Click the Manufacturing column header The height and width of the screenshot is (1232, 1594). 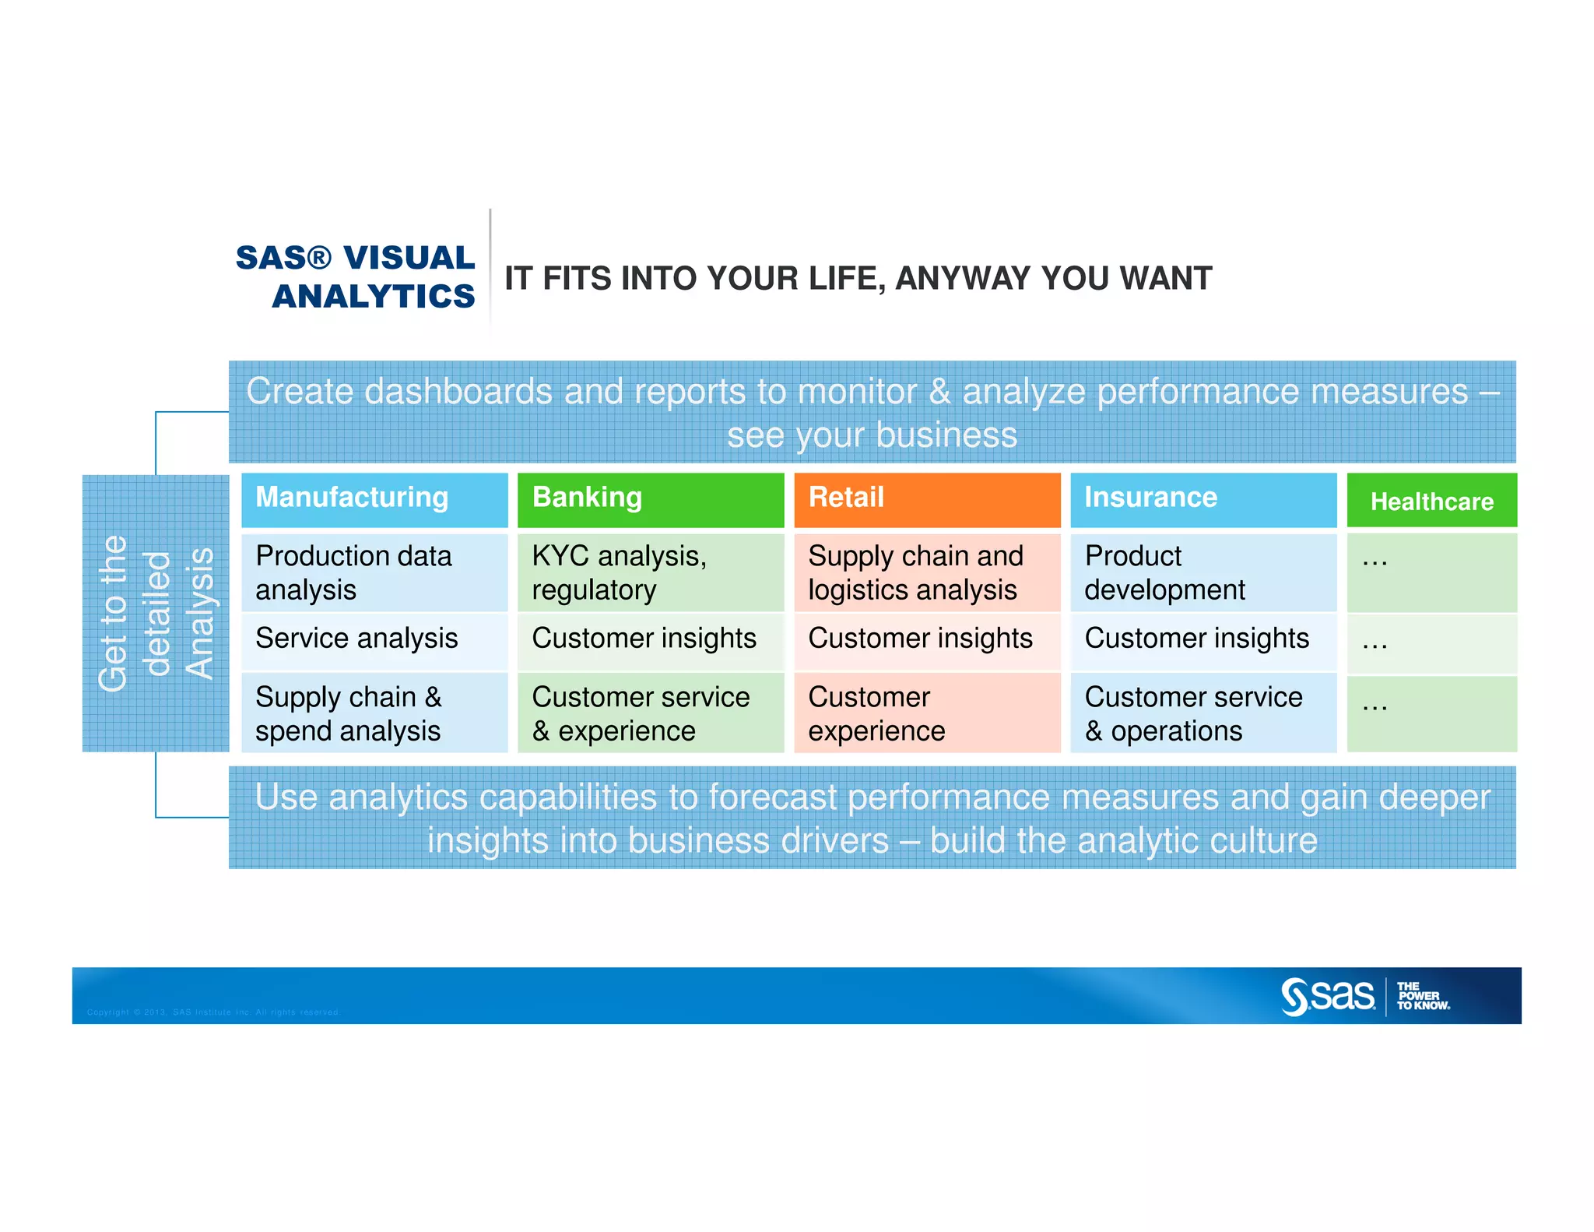[374, 498]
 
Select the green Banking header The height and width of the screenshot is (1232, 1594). [650, 498]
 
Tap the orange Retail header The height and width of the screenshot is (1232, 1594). [926, 498]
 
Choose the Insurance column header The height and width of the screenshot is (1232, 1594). [1203, 498]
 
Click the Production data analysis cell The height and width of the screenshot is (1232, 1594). [374, 572]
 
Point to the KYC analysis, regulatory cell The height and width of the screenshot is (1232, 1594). [650, 572]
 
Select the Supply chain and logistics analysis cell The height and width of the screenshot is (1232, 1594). [926, 572]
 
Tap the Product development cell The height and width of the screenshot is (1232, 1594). [1203, 572]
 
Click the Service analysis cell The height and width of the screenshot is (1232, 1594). [374, 639]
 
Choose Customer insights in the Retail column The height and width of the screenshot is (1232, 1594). [926, 639]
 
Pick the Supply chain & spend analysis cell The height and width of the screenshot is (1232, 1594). [374, 713]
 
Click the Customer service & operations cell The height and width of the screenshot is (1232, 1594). [1203, 713]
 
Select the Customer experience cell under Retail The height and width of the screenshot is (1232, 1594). [926, 713]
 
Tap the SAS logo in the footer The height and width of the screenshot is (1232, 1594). [1328, 997]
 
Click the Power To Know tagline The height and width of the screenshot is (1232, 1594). [1422, 997]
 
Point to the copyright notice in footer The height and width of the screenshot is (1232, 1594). [213, 1012]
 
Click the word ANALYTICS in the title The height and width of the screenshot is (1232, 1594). [374, 297]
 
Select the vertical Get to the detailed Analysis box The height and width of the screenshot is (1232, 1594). [156, 614]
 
